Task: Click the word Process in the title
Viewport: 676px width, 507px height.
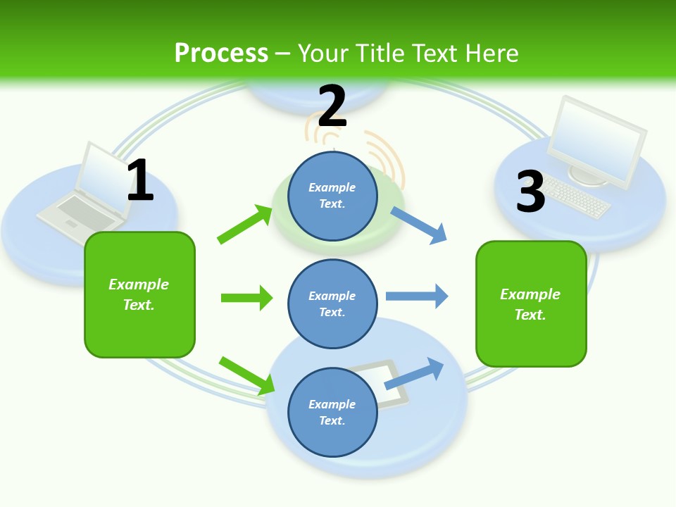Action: [221, 54]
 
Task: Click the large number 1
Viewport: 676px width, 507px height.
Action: [140, 180]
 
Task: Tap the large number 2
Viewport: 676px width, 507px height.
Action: [332, 106]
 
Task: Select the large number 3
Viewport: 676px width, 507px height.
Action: [530, 192]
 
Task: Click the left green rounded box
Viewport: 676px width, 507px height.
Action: [139, 294]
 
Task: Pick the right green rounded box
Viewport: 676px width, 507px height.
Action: [531, 303]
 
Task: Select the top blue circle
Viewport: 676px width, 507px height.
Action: [332, 196]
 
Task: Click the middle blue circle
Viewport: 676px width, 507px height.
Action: [332, 303]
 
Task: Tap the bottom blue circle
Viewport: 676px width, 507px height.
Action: [332, 412]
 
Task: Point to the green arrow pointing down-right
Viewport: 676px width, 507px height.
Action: [247, 375]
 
